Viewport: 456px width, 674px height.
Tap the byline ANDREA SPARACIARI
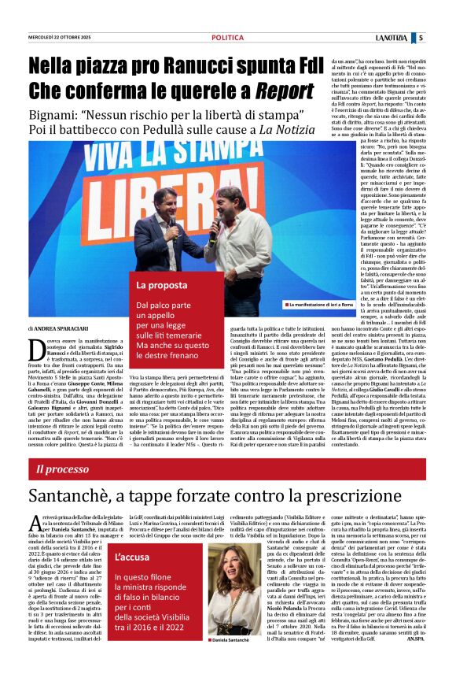(67, 328)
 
